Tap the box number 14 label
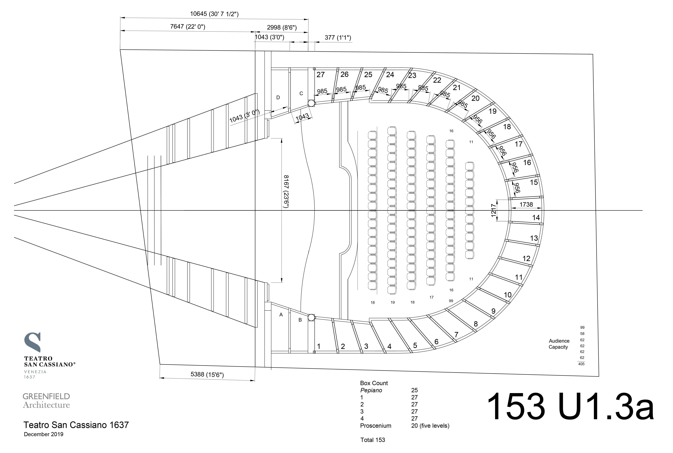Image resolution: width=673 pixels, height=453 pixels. tap(536, 218)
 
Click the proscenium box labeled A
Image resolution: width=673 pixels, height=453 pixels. tap(281, 315)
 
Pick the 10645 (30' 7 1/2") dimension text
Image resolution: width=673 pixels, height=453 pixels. tap(214, 14)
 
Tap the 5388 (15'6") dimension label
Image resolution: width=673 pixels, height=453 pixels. tap(207, 374)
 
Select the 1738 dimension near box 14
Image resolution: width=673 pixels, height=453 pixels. tap(526, 204)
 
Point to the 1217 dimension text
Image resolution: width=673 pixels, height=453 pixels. tap(493, 210)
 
